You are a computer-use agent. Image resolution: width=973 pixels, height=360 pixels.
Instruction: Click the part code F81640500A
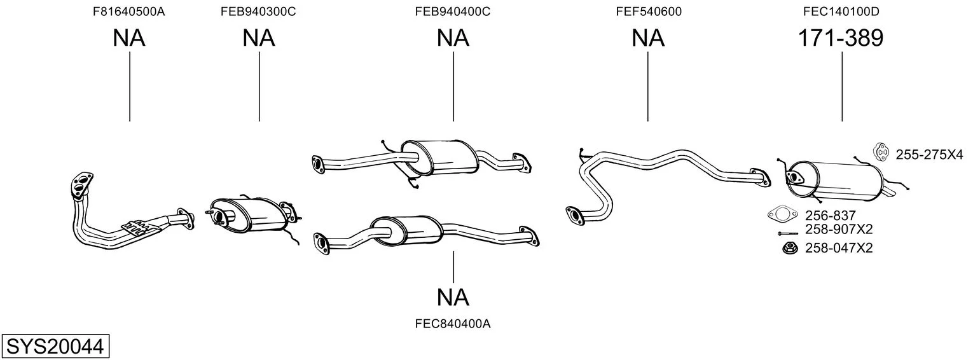point(129,11)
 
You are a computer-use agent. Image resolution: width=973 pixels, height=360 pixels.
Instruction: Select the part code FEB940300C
point(258,11)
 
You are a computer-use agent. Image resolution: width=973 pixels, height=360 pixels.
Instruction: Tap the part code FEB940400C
point(453,11)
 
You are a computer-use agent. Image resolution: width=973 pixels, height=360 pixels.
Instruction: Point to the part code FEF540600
point(649,11)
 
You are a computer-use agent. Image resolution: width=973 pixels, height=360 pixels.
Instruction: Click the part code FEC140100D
point(841,11)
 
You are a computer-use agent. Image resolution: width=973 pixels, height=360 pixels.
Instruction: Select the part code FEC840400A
point(453,324)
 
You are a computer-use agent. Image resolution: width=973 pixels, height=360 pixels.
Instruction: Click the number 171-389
point(841,38)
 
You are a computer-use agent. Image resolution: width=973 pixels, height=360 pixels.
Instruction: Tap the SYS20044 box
point(55,347)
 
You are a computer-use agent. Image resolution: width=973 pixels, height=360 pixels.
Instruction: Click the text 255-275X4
point(929,155)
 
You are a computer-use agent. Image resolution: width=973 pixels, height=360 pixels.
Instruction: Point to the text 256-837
point(830,216)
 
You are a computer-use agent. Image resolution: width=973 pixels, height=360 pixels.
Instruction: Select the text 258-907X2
point(839,229)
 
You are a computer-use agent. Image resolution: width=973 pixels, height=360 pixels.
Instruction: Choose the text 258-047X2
point(839,248)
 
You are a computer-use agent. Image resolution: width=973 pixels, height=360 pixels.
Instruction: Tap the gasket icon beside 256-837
point(782,213)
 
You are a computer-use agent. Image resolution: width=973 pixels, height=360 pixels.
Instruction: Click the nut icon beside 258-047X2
point(789,249)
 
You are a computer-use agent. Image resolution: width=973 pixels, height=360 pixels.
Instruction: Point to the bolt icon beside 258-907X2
point(787,233)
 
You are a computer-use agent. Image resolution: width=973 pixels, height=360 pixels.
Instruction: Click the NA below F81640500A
point(129,38)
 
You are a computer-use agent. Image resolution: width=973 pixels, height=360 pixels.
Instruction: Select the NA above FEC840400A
point(453,298)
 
